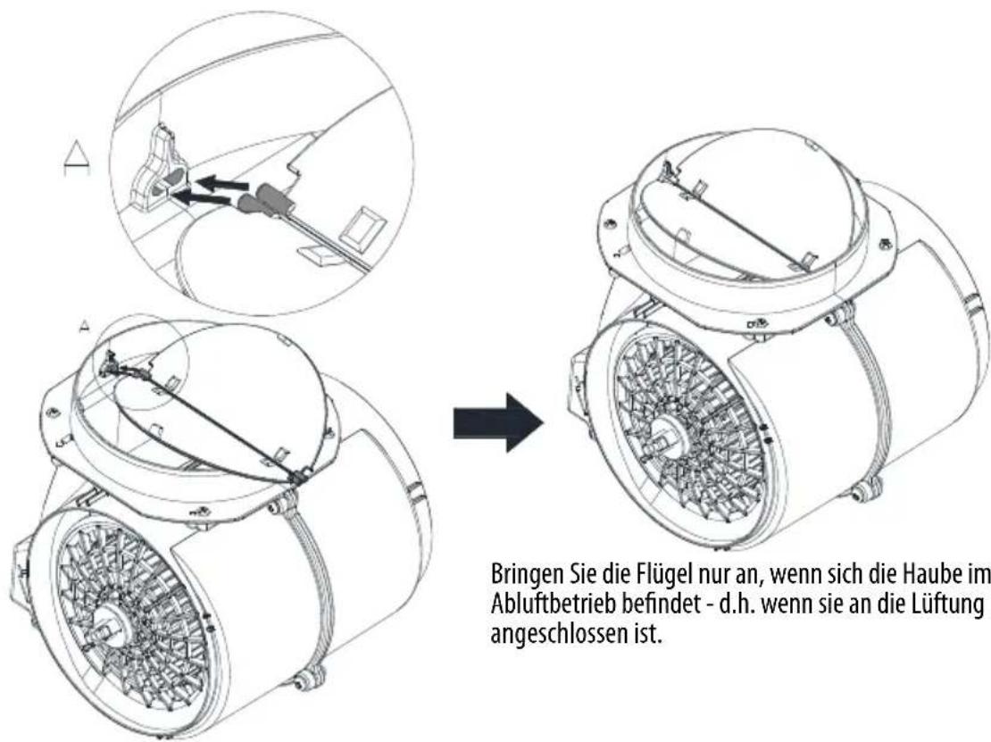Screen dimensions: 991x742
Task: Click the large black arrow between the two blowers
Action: click(x=499, y=423)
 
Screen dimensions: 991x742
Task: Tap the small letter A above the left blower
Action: click(x=83, y=326)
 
